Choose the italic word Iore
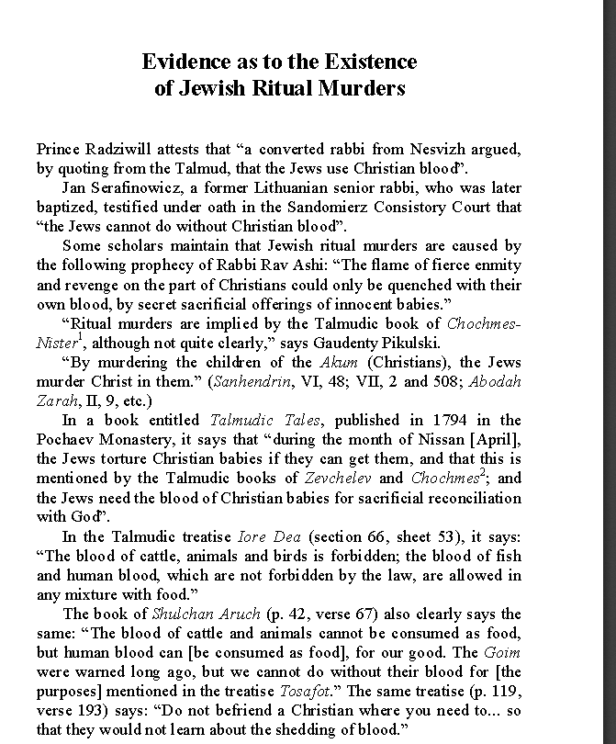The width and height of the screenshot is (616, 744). click(252, 536)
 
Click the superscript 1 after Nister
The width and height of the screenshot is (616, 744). click(82, 337)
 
